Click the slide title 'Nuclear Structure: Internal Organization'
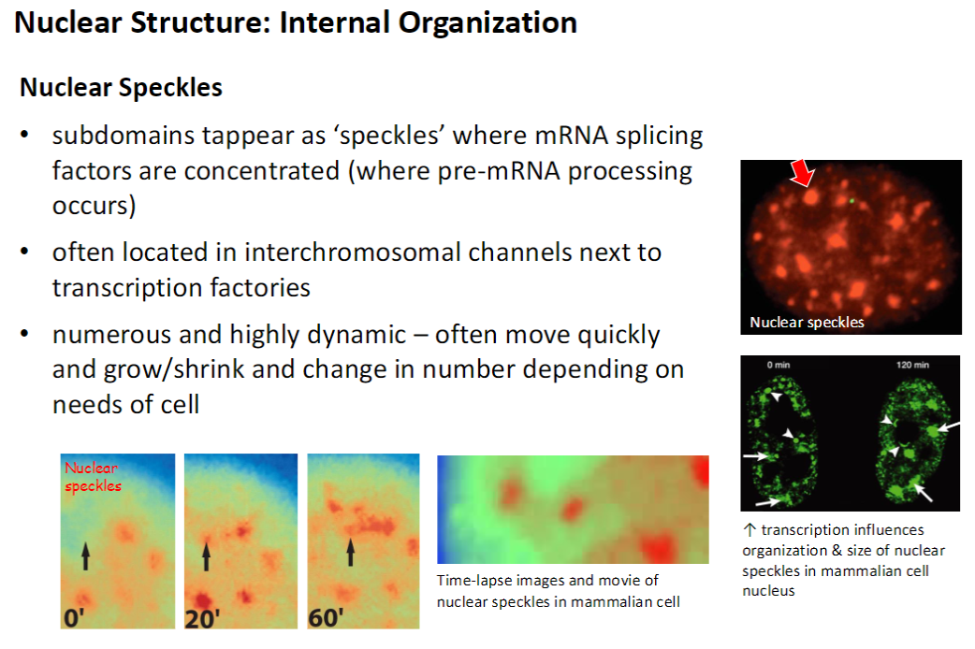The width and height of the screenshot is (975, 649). click(296, 22)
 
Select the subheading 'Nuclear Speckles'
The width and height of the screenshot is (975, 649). click(121, 88)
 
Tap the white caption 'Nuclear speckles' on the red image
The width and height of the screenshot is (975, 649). click(807, 323)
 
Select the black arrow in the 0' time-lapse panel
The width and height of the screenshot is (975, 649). click(85, 555)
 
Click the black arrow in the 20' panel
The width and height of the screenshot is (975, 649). click(208, 555)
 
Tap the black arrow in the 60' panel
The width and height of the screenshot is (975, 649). click(350, 552)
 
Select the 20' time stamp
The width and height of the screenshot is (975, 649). click(203, 617)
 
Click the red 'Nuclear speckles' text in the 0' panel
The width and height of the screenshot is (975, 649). click(92, 476)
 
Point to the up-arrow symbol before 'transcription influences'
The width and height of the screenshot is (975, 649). click(748, 530)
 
